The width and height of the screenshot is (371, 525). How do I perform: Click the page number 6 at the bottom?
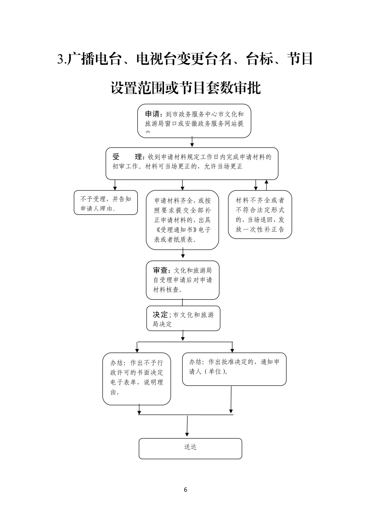pos(185,489)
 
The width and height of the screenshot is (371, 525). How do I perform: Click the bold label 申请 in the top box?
pos(152,114)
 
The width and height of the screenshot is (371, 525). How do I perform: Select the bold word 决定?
pos(160,314)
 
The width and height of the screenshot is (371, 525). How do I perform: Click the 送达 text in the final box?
pos(190,447)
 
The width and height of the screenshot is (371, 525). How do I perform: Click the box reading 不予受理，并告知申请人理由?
pos(106,203)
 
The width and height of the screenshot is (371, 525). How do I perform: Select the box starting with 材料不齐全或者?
pos(260,215)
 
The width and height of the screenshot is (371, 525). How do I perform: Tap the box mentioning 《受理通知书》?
pos(182,220)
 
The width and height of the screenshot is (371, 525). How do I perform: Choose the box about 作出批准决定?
pos(234,369)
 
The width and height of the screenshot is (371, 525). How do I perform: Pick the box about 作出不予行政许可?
pos(137,379)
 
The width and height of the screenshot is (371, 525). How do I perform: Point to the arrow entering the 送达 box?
pos(187,426)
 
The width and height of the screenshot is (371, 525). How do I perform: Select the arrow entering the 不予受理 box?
pos(115,185)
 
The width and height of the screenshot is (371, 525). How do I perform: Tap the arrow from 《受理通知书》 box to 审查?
pos(183,253)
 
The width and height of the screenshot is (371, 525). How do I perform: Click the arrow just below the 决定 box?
pos(183,336)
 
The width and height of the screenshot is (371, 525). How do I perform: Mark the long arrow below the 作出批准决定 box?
pos(231,400)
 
